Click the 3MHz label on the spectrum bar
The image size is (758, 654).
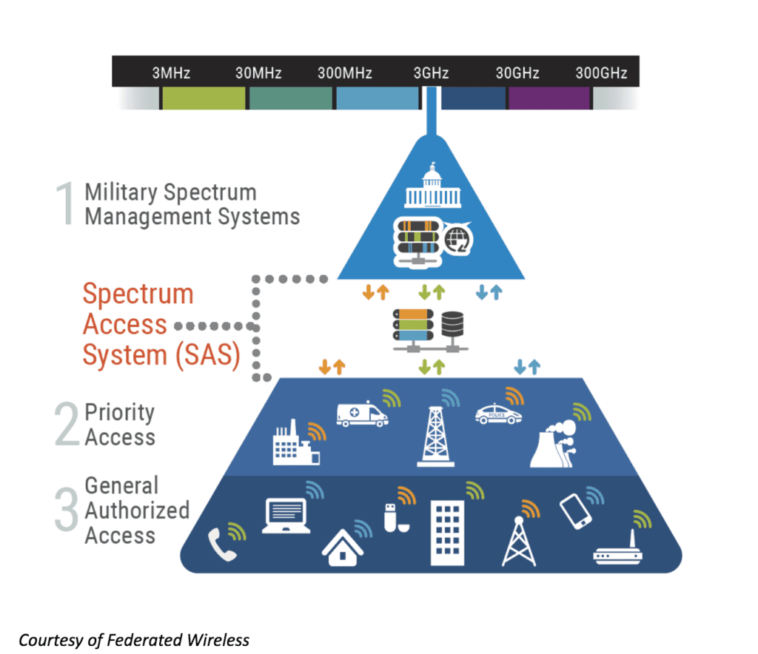171,73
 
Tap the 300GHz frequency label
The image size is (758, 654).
601,73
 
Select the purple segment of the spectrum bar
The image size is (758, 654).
549,98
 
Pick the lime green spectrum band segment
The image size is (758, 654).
203,98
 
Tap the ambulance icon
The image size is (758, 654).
361,414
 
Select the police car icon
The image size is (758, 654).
498,414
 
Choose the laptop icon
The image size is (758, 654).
285,516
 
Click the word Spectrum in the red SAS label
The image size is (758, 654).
138,294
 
